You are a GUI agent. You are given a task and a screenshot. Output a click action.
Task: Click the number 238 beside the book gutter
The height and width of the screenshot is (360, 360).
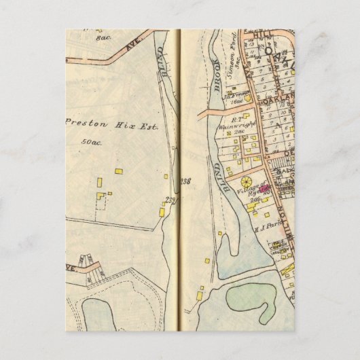pyautogui.click(x=187, y=180)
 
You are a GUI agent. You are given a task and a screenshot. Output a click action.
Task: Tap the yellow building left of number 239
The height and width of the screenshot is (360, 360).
pyautogui.click(x=162, y=211)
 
